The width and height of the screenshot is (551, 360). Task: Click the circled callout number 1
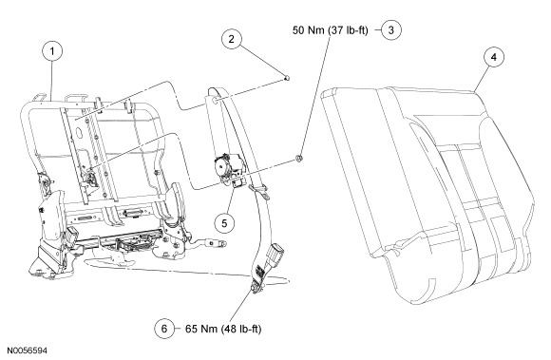point(52,51)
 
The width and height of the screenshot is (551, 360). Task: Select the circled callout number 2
point(231,39)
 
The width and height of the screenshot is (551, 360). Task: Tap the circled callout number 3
point(391,29)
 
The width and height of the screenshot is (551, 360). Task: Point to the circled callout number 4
point(494,57)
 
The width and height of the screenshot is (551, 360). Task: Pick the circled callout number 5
point(224,222)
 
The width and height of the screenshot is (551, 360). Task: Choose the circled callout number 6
point(164,329)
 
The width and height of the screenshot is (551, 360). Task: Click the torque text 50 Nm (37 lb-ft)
point(331,30)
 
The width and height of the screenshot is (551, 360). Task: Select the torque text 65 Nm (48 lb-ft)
point(223,329)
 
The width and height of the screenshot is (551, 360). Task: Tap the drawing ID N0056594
point(27,351)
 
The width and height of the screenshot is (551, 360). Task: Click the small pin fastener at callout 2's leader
point(287,78)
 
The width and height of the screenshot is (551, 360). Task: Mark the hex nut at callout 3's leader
point(299,159)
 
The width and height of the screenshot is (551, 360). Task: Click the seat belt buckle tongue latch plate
point(275,252)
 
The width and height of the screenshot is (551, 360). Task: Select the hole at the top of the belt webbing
point(217,101)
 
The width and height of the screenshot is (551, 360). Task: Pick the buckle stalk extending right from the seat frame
point(207,243)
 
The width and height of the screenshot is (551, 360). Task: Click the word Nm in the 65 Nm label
point(209,329)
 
